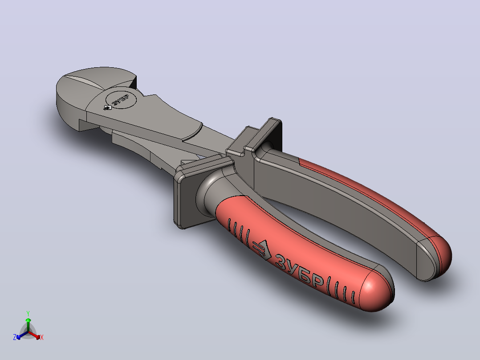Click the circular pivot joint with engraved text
(121, 98)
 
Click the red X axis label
(42, 337)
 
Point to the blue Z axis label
(14, 337)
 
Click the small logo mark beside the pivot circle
(107, 107)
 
